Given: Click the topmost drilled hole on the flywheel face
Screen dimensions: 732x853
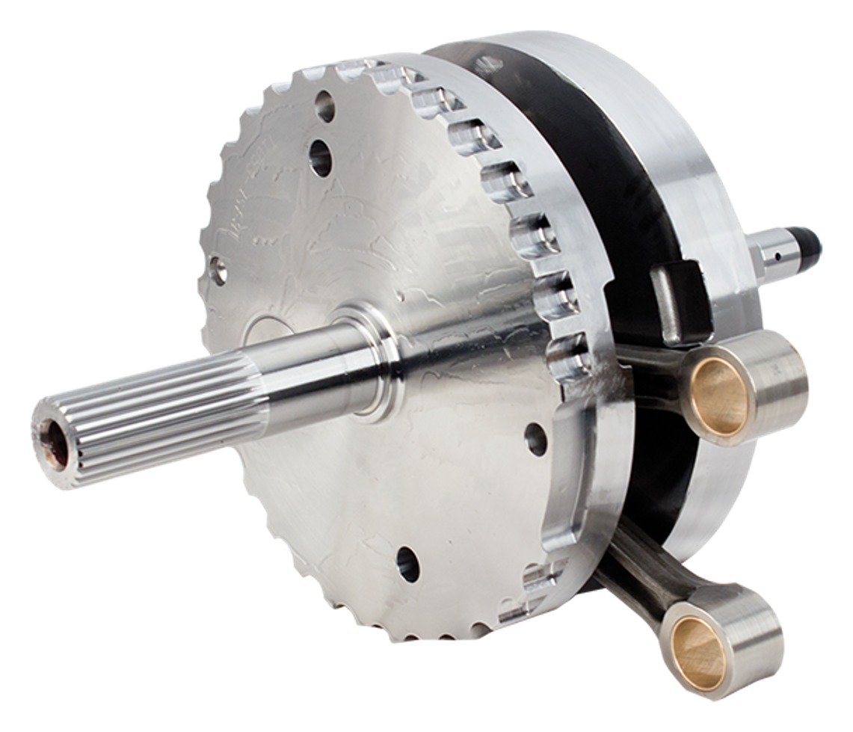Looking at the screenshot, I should point(325,106).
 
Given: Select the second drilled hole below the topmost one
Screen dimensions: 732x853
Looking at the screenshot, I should point(321,158).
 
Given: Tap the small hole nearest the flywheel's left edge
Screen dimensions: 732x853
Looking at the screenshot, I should point(218,270).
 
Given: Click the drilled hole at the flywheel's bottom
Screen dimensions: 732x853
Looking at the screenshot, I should point(408,563).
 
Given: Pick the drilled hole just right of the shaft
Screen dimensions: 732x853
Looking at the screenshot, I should point(535,439).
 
